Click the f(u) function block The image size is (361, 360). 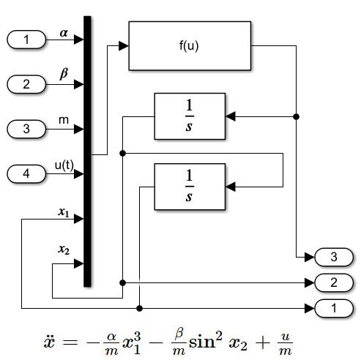(x=190, y=46)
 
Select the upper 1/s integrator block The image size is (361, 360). (x=190, y=116)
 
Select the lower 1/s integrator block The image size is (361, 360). (x=190, y=187)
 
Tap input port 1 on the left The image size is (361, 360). (x=26, y=40)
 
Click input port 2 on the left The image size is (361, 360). (x=26, y=84)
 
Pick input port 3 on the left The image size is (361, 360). (x=26, y=129)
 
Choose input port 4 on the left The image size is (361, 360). (x=26, y=174)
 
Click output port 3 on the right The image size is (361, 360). (x=334, y=257)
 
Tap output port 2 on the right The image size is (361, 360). (x=334, y=282)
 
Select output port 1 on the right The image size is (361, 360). (x=334, y=308)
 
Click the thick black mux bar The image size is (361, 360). (x=87, y=151)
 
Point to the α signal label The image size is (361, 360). (x=64, y=33)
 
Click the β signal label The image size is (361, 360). (x=64, y=74)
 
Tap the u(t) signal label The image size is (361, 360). (x=64, y=165)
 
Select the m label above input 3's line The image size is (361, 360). (x=64, y=120)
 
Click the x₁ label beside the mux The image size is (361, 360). (x=64, y=212)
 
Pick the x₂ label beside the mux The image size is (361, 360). (x=64, y=250)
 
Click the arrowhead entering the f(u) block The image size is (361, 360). (x=124, y=46)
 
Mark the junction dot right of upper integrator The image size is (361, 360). (x=296, y=116)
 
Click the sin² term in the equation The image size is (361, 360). (x=206, y=341)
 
